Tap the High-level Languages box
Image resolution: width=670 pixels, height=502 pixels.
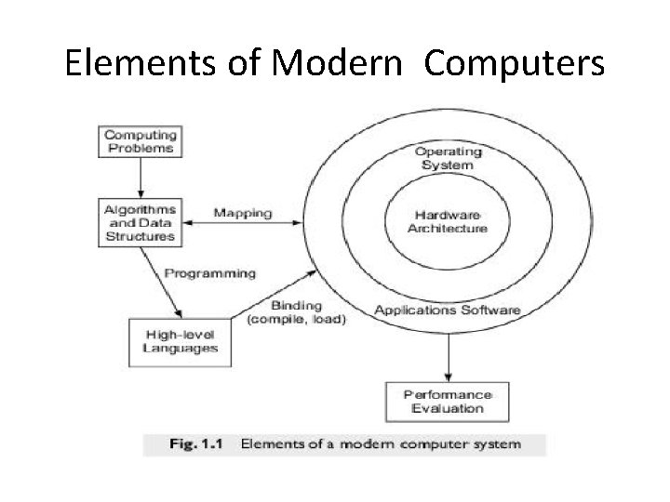181,341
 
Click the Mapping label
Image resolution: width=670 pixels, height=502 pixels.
244,213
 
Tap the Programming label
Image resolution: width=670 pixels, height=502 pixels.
209,274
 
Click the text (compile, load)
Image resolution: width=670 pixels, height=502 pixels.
296,320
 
